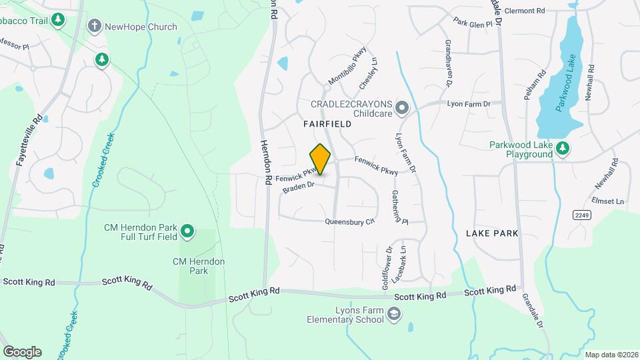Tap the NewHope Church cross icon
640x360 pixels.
[95, 27]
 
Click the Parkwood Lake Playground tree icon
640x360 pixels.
[563, 149]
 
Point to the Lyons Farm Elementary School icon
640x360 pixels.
[394, 313]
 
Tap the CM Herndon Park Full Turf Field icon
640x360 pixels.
[188, 231]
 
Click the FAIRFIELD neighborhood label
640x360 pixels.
[327, 124]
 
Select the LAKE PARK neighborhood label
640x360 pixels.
[492, 233]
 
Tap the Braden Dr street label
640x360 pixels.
[298, 188]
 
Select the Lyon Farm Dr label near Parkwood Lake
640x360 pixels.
[469, 104]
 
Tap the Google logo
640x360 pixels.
[22, 351]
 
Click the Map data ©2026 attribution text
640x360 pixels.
[610, 355]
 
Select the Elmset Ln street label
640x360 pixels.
[607, 201]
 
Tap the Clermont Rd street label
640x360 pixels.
[525, 11]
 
